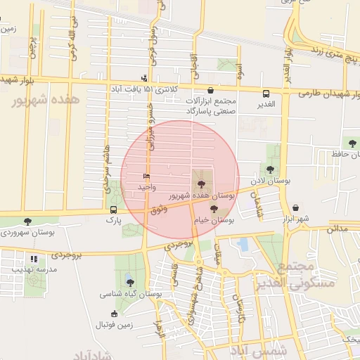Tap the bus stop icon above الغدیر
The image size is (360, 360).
pyautogui.click(x=266, y=94)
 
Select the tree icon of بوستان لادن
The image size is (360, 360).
pyautogui.click(x=270, y=169)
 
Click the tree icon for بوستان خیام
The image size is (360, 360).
pyautogui.click(x=214, y=209)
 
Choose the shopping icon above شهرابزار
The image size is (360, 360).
pyautogui.click(x=295, y=209)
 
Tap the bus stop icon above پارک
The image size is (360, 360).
pyautogui.click(x=114, y=210)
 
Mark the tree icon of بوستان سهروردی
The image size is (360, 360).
pyautogui.click(x=27, y=221)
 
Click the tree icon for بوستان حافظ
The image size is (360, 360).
pyautogui.click(x=343, y=143)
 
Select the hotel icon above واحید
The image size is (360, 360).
pyautogui.click(x=146, y=176)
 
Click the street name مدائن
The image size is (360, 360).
pyautogui.click(x=338, y=229)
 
